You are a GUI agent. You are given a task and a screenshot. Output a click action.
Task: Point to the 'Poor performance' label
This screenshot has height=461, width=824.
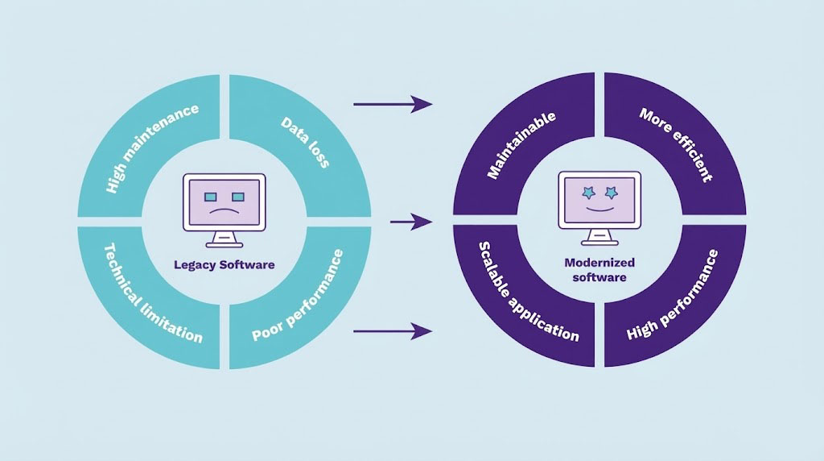(298, 297)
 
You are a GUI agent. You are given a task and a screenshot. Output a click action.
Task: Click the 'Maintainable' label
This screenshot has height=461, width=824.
(521, 146)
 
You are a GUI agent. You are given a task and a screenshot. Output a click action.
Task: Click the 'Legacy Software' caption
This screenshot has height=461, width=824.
(224, 264)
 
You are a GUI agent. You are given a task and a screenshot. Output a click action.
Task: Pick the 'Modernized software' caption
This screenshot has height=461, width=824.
(599, 270)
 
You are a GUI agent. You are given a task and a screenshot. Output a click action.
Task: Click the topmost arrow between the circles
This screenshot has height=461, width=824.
(392, 103)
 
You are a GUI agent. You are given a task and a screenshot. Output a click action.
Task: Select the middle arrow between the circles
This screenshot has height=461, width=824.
(410, 221)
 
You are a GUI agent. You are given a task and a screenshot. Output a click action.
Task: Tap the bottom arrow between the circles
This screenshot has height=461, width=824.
(392, 330)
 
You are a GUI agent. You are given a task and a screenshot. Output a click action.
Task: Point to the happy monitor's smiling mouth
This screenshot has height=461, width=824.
(599, 211)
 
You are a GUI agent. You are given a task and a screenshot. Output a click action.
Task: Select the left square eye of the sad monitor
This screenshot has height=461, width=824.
(210, 197)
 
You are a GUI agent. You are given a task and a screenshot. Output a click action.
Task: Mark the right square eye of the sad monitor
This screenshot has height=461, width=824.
(237, 197)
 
